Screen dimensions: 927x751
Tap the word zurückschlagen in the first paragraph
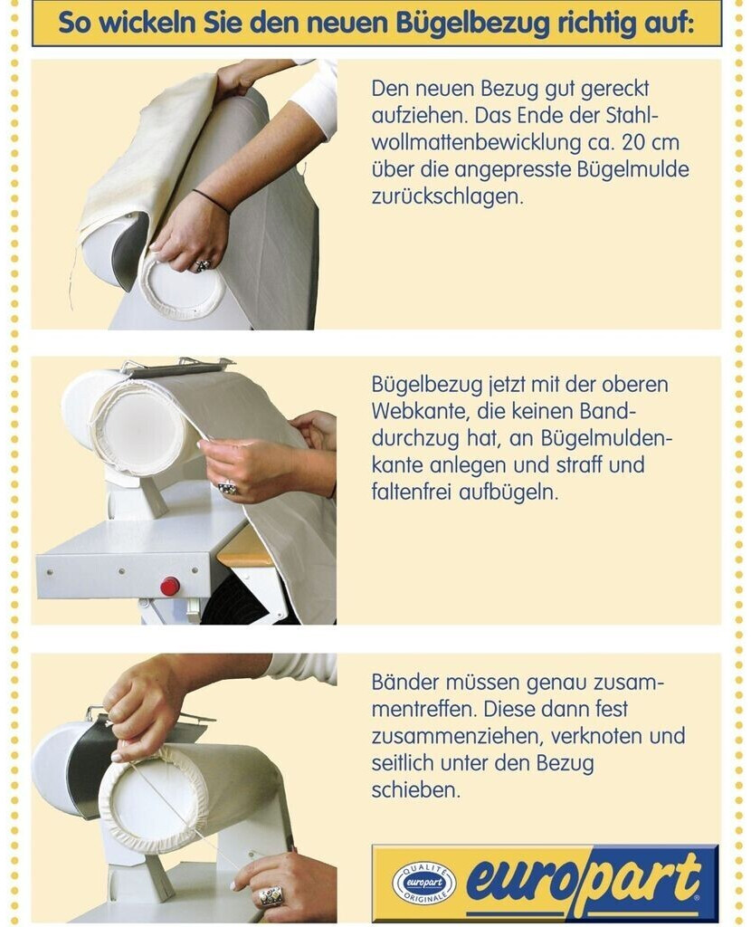447,196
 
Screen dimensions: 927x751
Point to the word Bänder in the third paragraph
404,681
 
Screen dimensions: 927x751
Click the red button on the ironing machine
170,586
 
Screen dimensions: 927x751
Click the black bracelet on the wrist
210,200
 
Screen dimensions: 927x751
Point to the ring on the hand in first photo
203,265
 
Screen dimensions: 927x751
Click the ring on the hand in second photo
228,487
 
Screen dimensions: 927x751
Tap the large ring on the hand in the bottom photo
271,895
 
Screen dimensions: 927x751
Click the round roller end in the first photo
185,289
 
